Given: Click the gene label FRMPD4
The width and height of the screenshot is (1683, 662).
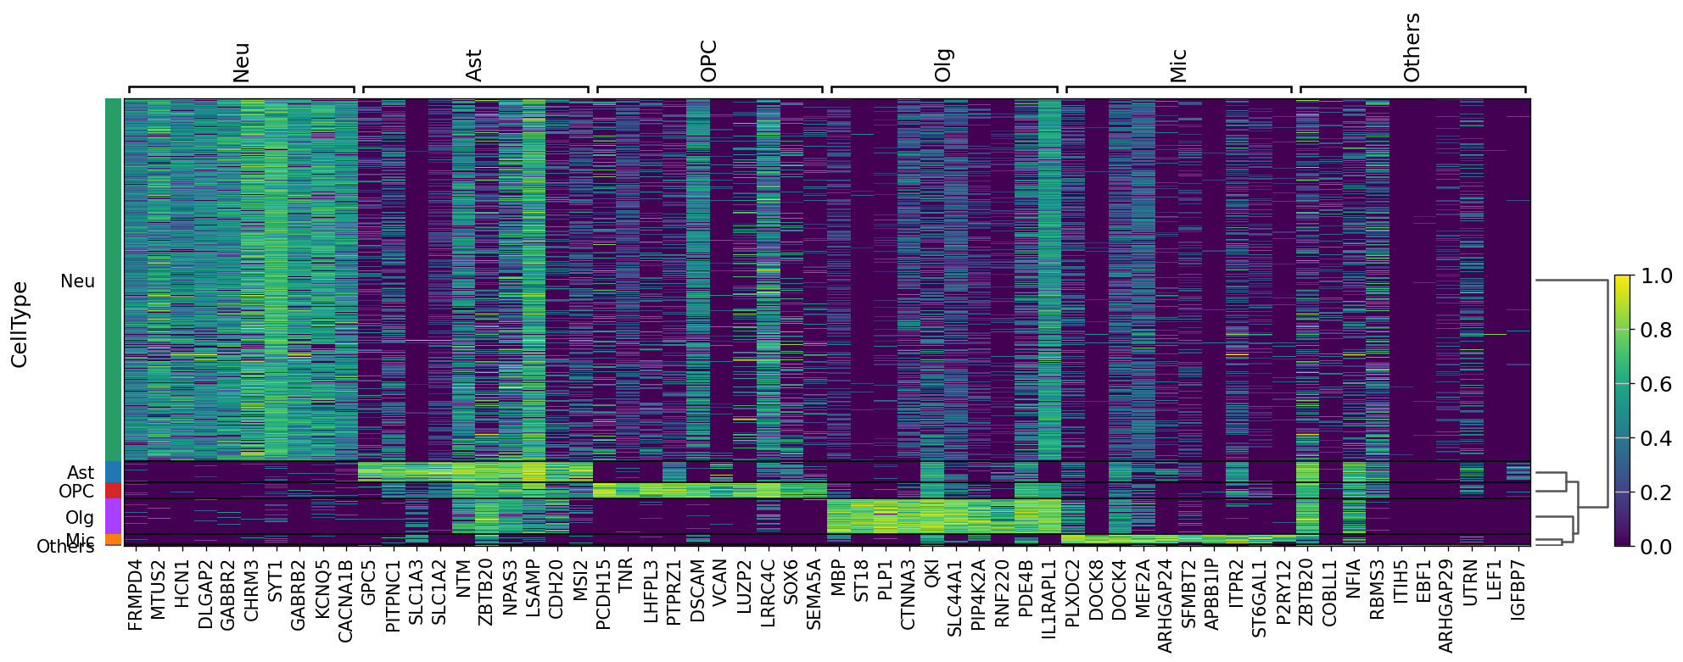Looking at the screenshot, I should point(135,594).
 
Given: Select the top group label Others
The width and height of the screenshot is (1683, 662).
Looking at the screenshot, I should point(1412,47).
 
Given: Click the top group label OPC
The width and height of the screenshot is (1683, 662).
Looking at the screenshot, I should point(709,61).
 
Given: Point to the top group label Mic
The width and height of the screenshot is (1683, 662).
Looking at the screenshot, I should point(1178,65).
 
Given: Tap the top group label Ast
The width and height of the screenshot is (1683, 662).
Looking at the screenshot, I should point(474,65).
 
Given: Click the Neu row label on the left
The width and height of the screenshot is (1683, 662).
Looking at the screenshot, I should point(77,281).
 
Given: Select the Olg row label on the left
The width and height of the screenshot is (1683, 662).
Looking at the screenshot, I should point(80,517).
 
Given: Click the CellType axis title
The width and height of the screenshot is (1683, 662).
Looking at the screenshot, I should point(20,325).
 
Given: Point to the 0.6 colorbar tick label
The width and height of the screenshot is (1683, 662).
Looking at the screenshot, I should point(1656,384).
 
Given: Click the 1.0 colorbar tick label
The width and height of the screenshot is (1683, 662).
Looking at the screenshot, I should point(1656,276).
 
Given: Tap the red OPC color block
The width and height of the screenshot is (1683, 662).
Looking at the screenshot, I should point(113,491).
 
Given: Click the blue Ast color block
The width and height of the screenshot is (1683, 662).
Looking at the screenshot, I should point(113,472).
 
